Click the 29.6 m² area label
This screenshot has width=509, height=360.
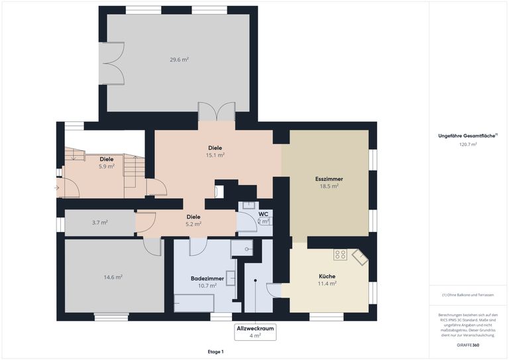[x=179, y=60]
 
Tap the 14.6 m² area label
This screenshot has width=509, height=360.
[x=113, y=277]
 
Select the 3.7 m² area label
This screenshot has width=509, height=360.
[x=99, y=223]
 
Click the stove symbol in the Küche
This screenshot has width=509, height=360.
[x=340, y=254]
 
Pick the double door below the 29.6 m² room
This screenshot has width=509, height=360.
[x=216, y=111]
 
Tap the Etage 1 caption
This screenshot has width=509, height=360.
[x=215, y=351]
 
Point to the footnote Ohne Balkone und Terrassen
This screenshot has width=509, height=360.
[x=468, y=295]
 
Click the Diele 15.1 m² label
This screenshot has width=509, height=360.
[x=215, y=151]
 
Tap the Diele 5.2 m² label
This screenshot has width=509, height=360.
[x=193, y=220]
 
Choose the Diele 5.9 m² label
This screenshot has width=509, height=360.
[x=106, y=162]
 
